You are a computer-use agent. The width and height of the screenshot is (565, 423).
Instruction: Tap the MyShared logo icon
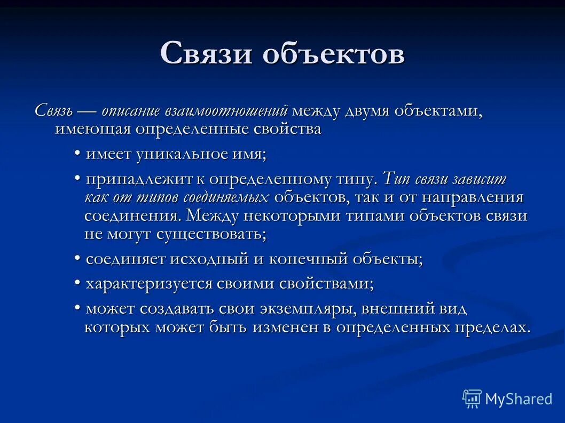472,398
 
